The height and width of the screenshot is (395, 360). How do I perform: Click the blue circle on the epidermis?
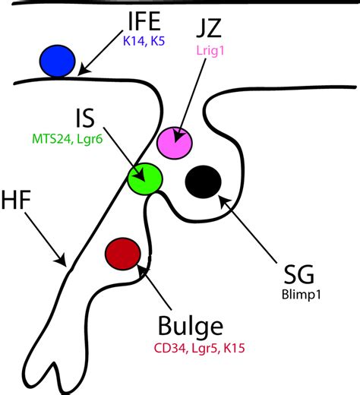pyautogui.click(x=58, y=61)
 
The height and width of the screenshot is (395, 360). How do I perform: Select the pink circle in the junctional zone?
pyautogui.click(x=175, y=142)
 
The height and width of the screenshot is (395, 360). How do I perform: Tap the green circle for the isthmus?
pyautogui.click(x=145, y=179)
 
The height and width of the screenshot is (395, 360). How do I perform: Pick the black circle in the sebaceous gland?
pyautogui.click(x=204, y=181)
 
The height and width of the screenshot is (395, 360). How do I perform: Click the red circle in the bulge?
pyautogui.click(x=123, y=252)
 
